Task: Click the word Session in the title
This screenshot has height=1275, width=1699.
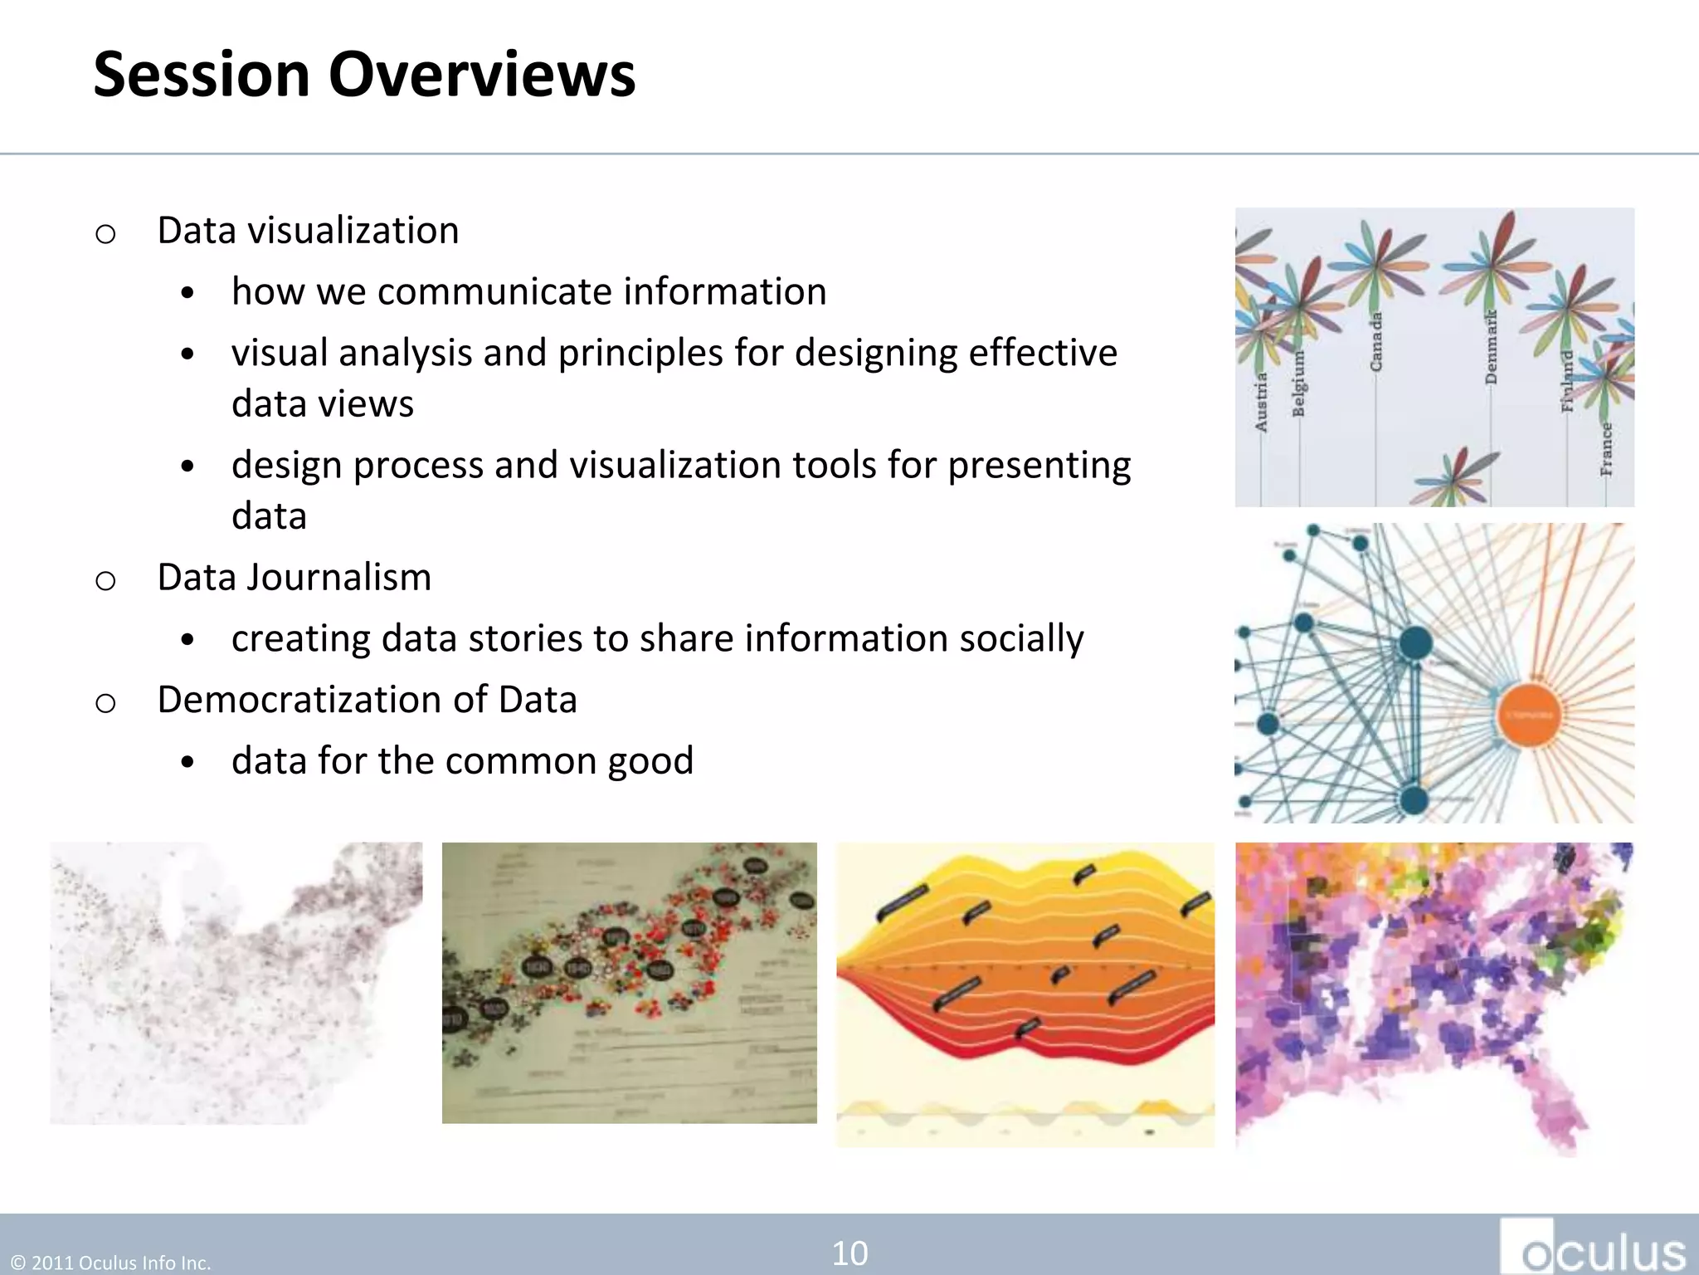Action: [x=202, y=75]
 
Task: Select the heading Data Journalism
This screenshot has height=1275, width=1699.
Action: [x=295, y=577]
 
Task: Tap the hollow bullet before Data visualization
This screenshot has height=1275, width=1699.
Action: [x=105, y=234]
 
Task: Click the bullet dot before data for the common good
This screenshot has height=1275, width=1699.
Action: [x=187, y=762]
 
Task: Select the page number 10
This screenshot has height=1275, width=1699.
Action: [x=849, y=1253]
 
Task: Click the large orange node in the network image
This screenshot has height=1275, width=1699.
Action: [x=1529, y=715]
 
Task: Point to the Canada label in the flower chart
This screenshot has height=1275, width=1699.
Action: [x=1376, y=342]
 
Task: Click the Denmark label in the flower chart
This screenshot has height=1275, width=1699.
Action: [x=1491, y=347]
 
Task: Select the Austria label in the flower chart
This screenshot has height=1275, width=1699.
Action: [x=1261, y=402]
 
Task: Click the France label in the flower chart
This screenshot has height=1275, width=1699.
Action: [x=1607, y=449]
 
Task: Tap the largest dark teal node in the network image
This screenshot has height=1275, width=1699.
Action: [x=1415, y=642]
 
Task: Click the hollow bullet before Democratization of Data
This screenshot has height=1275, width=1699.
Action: [x=105, y=704]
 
